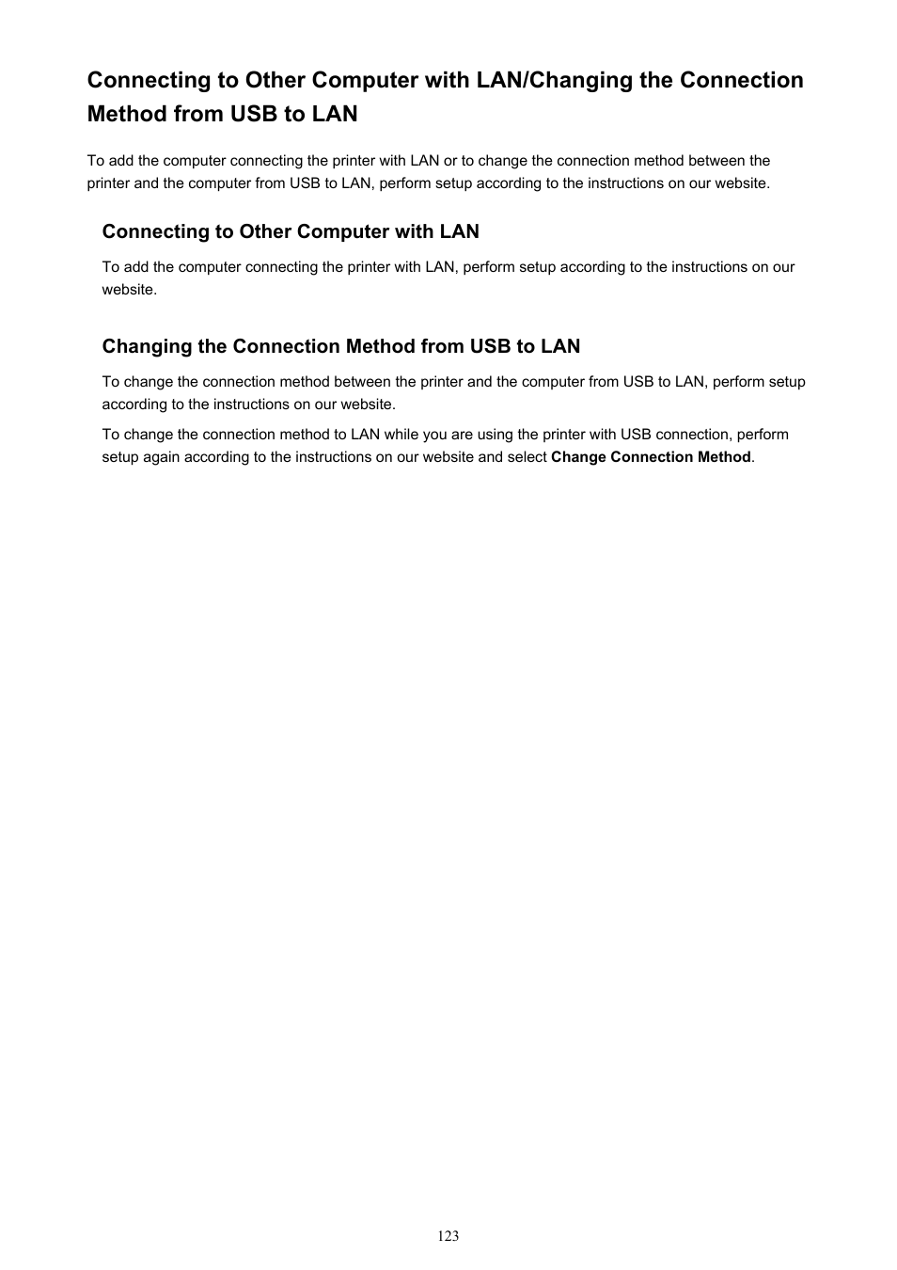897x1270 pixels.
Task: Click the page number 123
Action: [448, 1235]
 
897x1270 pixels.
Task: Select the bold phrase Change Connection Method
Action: [651, 457]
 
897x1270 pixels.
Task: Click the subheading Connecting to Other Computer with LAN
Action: [291, 231]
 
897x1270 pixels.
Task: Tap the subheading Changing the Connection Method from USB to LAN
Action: [341, 346]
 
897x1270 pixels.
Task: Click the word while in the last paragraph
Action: [402, 435]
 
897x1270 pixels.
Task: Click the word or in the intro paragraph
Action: [450, 161]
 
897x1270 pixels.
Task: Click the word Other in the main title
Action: [274, 80]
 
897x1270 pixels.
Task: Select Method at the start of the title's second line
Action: [127, 114]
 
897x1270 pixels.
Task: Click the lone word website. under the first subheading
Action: [130, 290]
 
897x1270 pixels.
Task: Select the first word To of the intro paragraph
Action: [96, 161]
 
